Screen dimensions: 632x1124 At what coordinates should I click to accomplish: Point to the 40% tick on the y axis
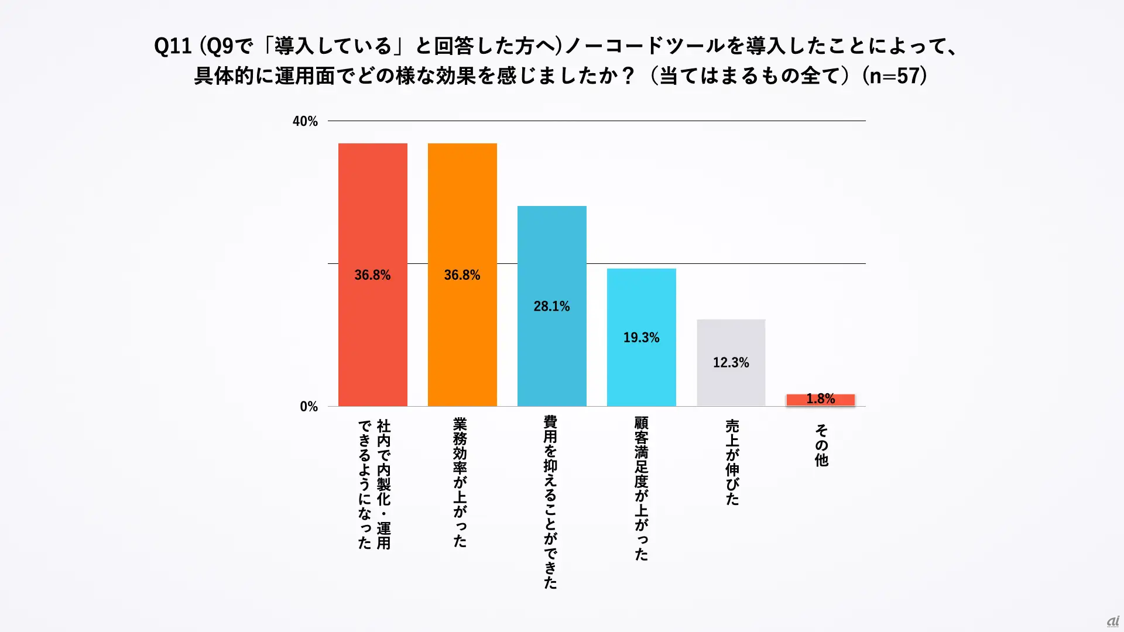[305, 121]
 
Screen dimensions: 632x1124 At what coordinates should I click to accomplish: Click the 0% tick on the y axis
[309, 407]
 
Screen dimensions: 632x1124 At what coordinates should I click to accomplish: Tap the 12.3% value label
[731, 363]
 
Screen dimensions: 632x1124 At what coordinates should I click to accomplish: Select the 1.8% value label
[820, 399]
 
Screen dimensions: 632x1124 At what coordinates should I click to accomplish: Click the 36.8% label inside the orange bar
[462, 275]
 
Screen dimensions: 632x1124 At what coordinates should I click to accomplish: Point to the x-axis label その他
[821, 446]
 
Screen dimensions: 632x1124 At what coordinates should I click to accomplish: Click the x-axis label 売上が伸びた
[732, 462]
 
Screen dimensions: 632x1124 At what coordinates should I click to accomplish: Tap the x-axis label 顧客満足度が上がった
[642, 489]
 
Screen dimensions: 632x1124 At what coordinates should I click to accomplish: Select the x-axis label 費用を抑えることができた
[551, 502]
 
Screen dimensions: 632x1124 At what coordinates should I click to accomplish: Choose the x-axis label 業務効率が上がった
[461, 482]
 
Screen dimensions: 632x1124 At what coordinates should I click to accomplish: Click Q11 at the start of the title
[173, 46]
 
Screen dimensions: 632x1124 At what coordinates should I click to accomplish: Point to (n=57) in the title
[895, 76]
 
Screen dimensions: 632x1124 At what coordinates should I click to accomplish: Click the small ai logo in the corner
[1113, 622]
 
